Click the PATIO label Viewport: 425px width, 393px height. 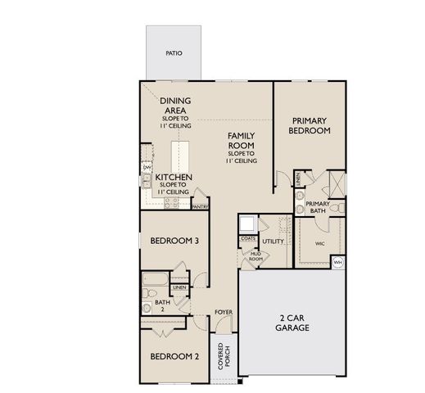pyautogui.click(x=173, y=53)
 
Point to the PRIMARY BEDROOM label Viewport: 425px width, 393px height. pyautogui.click(x=310, y=125)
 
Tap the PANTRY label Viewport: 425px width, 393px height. pyautogui.click(x=200, y=206)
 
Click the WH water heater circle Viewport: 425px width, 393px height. pyautogui.click(x=338, y=261)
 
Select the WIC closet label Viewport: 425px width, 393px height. pyautogui.click(x=319, y=242)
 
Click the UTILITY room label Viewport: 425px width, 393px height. pyautogui.click(x=274, y=241)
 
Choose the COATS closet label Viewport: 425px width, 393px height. pyautogui.click(x=248, y=238)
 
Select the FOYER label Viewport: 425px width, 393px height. pyautogui.click(x=223, y=312)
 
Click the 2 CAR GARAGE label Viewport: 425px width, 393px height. pyautogui.click(x=292, y=322)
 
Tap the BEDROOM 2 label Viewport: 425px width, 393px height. pyautogui.click(x=174, y=356)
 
